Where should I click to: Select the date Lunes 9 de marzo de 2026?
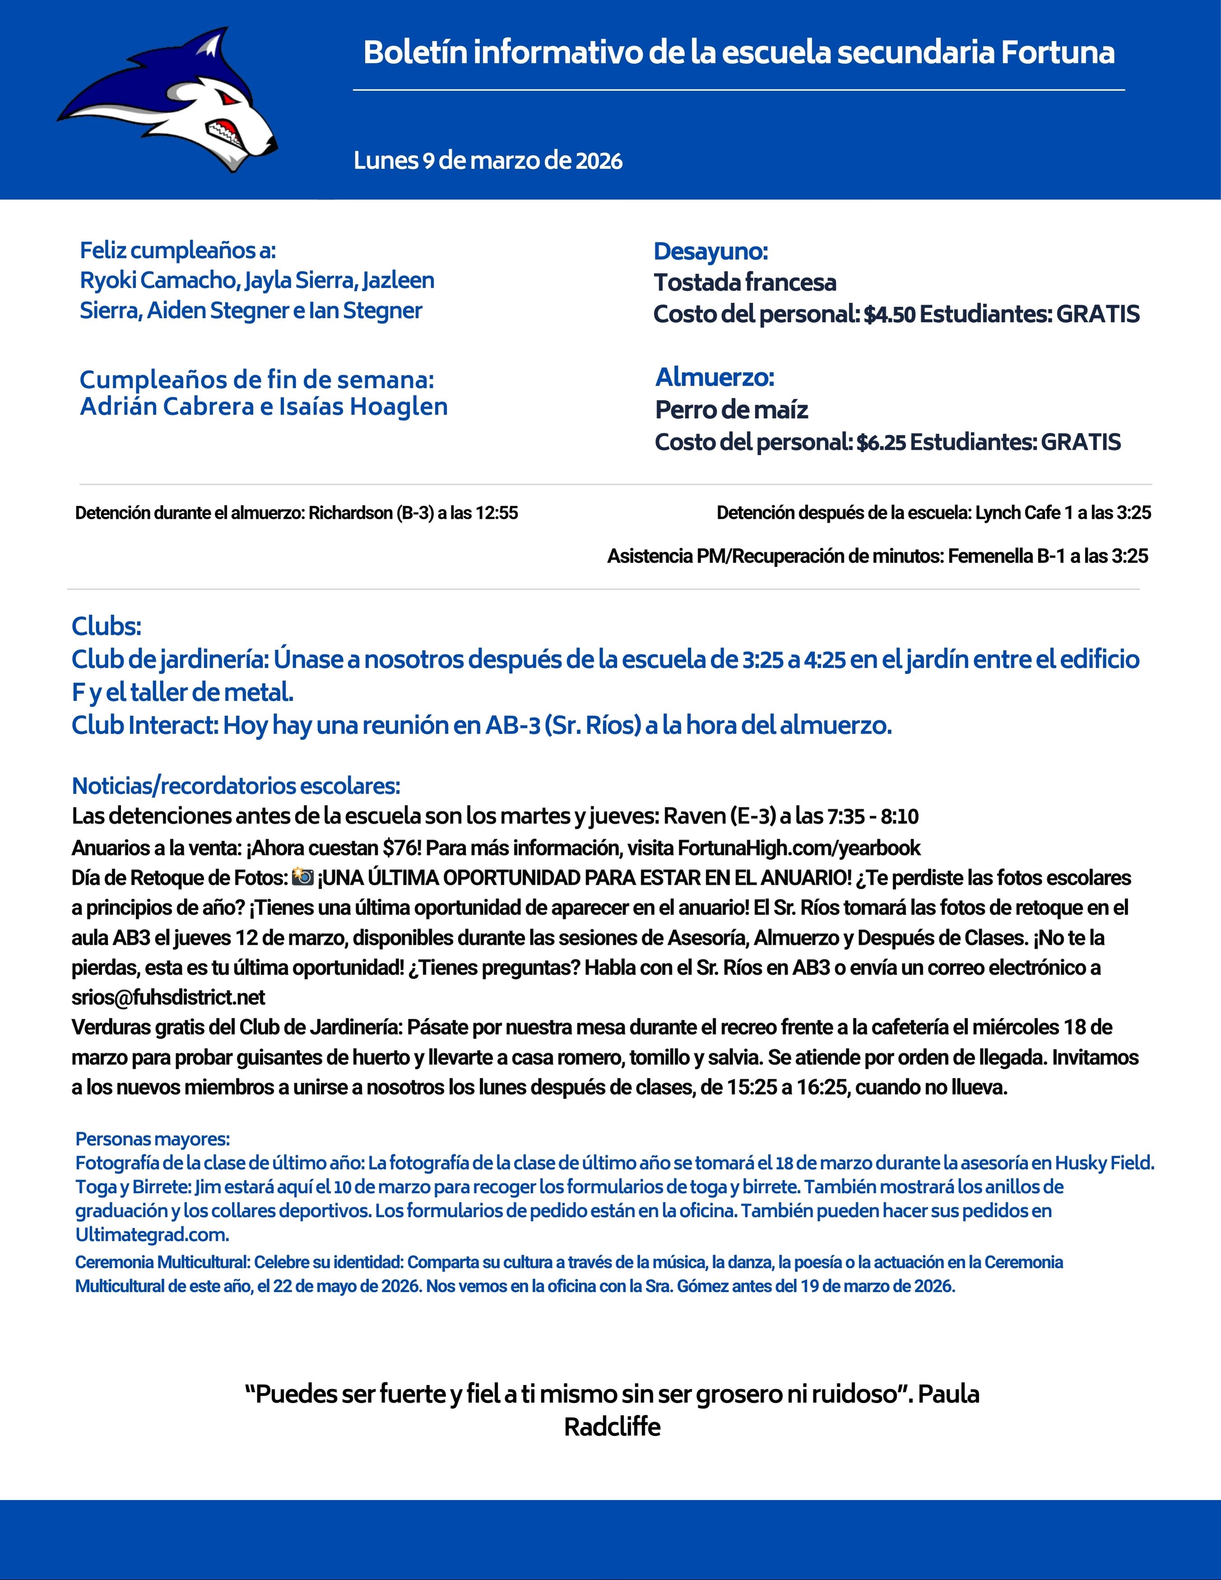(x=488, y=161)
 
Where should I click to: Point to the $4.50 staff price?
(x=890, y=315)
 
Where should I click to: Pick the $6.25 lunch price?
(x=881, y=443)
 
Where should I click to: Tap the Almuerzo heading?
(x=714, y=377)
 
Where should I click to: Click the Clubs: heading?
(x=107, y=626)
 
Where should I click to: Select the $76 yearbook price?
(x=411, y=847)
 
